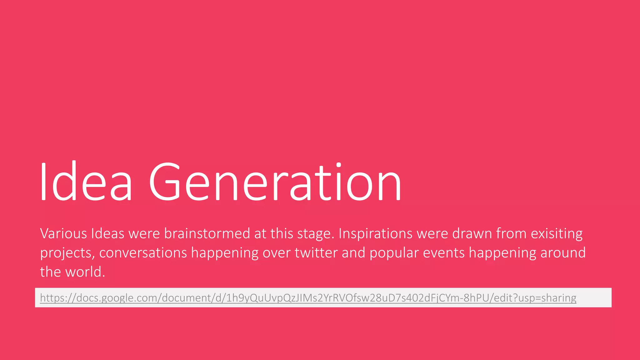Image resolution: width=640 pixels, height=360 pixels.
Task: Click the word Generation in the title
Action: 275,182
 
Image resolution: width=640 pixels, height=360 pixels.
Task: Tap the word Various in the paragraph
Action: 63,234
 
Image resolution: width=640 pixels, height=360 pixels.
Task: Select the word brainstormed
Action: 207,234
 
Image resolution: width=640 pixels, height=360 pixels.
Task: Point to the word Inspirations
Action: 375,234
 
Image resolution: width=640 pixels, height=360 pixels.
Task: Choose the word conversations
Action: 143,253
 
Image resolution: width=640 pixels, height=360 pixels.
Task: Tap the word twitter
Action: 316,253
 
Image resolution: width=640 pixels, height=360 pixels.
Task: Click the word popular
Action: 394,253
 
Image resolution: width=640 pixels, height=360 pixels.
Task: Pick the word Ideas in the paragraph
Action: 107,234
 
